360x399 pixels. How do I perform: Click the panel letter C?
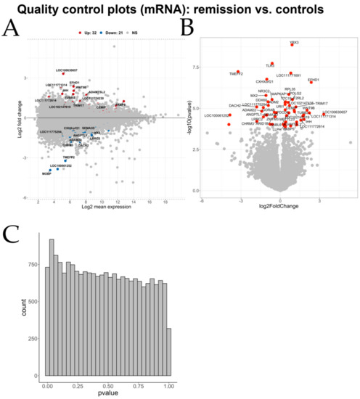pos(11,234)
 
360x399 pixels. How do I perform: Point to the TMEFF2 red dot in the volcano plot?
pos(237,72)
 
